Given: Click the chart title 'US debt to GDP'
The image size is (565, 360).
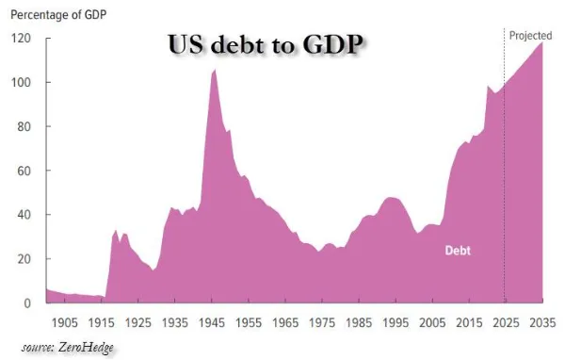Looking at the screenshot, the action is (266, 44).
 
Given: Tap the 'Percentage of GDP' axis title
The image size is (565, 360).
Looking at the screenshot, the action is (58, 15).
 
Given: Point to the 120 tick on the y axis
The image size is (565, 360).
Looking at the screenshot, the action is (21, 39).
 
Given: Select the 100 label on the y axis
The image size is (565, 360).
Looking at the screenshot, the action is (21, 82).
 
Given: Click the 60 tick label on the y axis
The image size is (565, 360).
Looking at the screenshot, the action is (24, 171).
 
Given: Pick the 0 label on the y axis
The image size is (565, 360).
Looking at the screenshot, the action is (27, 303).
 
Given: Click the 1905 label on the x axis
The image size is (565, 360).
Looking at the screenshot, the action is (64, 322).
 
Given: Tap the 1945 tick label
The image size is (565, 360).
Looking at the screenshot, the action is (212, 322).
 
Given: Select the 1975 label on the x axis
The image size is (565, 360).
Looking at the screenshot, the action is (322, 322).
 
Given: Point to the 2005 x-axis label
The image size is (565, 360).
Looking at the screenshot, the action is (432, 322).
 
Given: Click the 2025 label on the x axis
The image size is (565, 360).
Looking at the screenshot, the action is (506, 322).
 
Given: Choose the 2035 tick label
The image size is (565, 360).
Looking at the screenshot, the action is (542, 322).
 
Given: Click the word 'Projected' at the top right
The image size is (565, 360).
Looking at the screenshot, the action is (530, 36).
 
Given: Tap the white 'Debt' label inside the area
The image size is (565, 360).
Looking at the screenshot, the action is (458, 251).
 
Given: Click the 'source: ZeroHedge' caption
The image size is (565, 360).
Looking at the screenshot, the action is (68, 348).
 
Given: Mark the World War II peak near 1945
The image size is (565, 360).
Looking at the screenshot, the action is (215, 69).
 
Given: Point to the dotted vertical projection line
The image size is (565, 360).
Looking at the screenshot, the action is (504, 166).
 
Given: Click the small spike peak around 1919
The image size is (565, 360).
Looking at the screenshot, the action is (116, 230).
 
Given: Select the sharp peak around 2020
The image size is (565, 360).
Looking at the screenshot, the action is (488, 86).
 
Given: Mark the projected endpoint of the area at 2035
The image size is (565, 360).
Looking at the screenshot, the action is (542, 42).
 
